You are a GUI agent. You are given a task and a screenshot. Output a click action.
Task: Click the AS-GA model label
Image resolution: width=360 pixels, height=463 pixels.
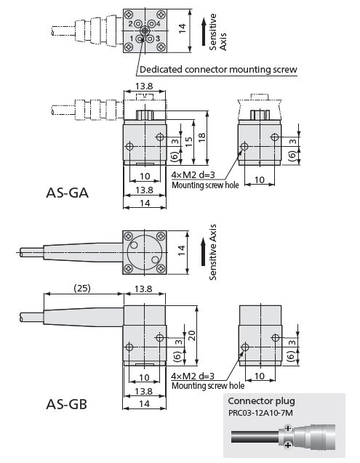point(68,193)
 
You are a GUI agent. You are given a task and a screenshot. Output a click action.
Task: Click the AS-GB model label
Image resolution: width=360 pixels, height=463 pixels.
point(67,404)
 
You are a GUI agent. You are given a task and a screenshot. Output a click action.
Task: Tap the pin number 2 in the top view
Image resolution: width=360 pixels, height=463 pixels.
point(130,23)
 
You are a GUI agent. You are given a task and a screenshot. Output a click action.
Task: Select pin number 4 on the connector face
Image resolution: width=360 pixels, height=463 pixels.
point(158,23)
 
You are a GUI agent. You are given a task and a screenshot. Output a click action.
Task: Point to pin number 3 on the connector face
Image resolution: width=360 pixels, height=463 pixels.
point(158,39)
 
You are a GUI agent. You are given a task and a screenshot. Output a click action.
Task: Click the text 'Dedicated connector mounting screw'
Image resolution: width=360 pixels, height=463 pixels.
point(218,70)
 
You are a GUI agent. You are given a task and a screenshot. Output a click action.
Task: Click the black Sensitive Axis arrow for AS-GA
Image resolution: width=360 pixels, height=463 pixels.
point(204,31)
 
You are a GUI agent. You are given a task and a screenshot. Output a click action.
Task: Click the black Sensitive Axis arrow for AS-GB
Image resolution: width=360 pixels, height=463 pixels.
point(203,252)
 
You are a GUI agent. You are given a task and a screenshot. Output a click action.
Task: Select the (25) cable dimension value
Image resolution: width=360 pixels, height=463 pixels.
point(82,288)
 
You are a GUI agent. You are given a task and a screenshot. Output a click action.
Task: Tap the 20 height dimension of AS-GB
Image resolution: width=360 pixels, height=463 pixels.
point(192,336)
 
